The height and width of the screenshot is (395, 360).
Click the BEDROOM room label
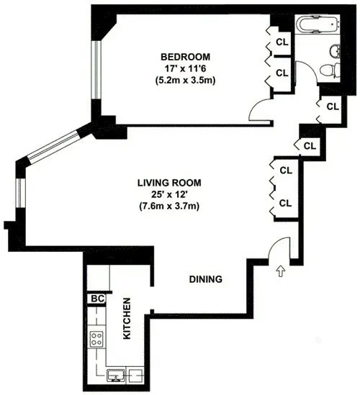point(185,57)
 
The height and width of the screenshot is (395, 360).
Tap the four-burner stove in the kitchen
point(97,337)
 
